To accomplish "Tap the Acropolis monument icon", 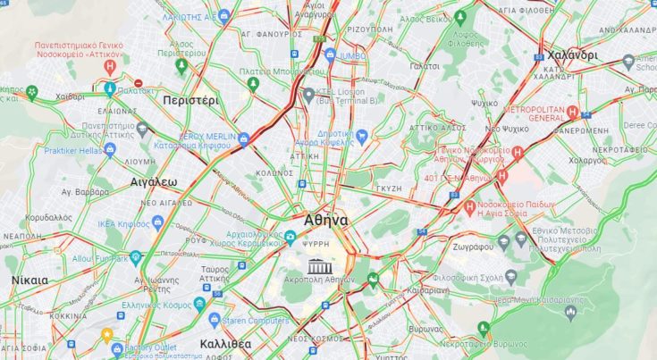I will tap(319, 265).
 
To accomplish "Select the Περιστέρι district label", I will tap(190, 101).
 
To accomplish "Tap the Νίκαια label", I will tap(29, 280).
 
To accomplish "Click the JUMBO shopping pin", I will tap(331, 54).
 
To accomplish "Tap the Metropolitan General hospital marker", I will tap(573, 113).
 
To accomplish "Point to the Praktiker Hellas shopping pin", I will tap(110, 149).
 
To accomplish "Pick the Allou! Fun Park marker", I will tap(135, 257).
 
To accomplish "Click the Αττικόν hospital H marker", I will tap(110, 66).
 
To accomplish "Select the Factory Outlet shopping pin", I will tap(106, 335).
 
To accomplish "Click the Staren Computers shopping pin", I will tap(215, 319).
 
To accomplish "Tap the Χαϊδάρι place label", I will tap(69, 96).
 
